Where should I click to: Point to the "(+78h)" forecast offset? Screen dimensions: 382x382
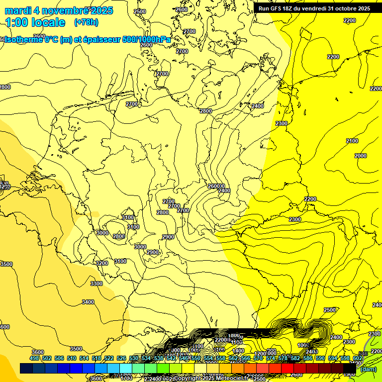86,22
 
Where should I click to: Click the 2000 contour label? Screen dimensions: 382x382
361,156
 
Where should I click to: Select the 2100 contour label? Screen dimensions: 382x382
352,141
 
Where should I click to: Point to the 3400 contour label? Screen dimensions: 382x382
88,302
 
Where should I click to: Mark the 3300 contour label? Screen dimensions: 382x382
96,284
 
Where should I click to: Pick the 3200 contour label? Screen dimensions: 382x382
101,263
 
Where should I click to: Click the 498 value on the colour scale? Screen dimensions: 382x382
34,358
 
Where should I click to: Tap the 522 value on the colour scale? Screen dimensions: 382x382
109,358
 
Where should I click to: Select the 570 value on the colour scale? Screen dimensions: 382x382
258,358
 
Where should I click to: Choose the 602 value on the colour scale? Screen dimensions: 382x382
357,358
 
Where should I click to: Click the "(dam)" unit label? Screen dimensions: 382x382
368,369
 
